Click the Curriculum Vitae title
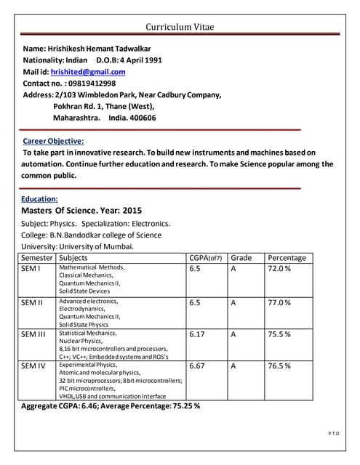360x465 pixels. pos(180,27)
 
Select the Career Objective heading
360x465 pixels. pos(53,140)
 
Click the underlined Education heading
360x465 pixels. pos(39,198)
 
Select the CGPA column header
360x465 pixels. pos(205,257)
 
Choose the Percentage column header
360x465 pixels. pos(287,257)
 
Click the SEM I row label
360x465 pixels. pos(31,269)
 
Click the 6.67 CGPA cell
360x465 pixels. pos(197,366)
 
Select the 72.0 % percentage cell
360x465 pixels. pos(279,269)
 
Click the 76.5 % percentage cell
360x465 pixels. pos(279,366)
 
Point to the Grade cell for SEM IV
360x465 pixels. pos(233,366)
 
